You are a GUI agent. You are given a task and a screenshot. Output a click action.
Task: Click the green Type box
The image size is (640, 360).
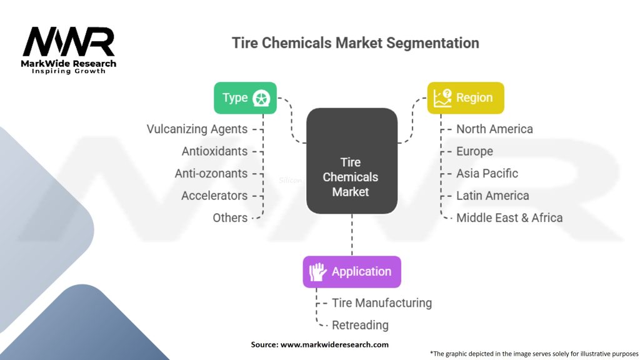[245, 98]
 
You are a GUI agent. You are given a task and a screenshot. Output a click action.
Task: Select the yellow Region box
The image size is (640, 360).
[466, 98]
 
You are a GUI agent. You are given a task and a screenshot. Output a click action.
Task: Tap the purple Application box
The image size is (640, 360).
[352, 272]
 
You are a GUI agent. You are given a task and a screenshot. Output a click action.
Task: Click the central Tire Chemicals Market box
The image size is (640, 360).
[352, 161]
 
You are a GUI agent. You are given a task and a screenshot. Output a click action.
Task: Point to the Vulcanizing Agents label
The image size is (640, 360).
[197, 129]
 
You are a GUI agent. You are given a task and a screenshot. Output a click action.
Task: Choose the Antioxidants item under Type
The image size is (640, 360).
[215, 151]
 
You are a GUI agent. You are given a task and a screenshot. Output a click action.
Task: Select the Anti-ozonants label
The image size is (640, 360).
[211, 174]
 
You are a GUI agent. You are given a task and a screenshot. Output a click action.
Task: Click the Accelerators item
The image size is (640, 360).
[214, 196]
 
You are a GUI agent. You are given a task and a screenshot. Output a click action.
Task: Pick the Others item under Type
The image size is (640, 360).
[230, 218]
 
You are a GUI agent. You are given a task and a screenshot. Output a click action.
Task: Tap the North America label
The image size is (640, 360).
[495, 129]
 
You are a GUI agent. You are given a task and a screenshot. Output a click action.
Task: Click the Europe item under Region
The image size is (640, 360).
[475, 151]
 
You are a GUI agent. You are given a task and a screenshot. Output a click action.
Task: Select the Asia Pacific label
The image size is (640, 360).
[487, 174]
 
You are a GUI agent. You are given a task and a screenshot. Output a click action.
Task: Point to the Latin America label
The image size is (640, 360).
[492, 196]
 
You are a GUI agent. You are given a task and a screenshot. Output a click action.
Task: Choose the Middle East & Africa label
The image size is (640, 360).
[509, 218]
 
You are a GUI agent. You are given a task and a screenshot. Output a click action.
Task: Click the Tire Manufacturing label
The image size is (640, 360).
[382, 303]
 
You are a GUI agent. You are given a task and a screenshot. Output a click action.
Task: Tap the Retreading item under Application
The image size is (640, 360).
[360, 325]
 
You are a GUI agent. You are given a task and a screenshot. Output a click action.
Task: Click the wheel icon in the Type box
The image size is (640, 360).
[261, 98]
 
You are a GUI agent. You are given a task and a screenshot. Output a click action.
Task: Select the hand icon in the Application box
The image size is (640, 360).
[317, 272]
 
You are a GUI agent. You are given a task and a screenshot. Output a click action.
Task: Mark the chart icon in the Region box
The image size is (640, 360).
[442, 98]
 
